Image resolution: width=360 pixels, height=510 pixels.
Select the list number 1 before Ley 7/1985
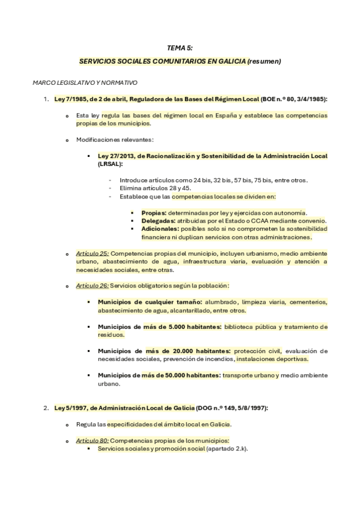tap(46, 99)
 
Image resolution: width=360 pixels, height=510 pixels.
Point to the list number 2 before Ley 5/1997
tap(46, 408)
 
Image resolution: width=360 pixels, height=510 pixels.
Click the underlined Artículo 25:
tap(93, 254)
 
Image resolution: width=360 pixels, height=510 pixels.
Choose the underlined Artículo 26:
tap(93, 286)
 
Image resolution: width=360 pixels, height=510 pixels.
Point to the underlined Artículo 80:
tap(93, 441)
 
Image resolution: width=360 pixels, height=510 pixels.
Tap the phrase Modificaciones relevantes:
tap(111, 140)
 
